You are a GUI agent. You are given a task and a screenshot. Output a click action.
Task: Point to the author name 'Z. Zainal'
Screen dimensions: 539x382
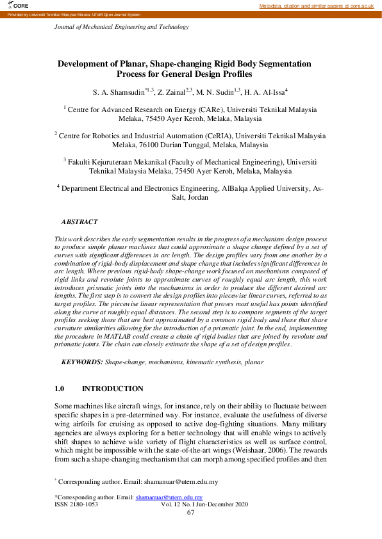[170, 92]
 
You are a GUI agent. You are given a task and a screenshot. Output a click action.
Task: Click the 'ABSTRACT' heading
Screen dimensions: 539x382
[79, 221]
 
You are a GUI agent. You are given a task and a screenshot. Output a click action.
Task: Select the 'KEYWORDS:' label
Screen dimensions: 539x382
[82, 362]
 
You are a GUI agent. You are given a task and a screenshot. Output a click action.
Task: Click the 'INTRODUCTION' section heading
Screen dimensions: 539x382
[113, 389]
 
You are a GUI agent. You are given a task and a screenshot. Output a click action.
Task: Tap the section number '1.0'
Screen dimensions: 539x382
[60, 389]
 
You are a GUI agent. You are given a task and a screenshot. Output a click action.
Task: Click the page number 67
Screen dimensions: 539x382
[190, 512]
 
